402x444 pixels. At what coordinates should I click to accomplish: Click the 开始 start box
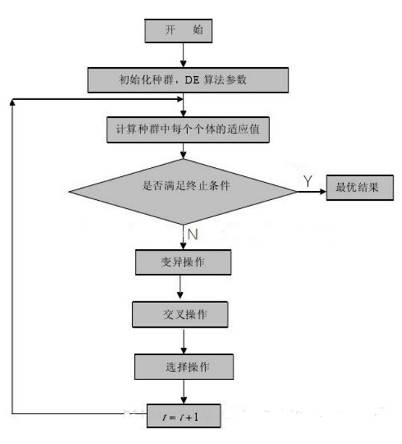[x=178, y=31]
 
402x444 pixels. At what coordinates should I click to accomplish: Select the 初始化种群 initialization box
[x=188, y=80]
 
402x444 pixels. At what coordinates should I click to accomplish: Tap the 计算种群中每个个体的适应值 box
[x=188, y=130]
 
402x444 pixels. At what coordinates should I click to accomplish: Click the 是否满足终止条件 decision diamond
[x=183, y=192]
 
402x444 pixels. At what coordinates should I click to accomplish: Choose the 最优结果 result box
[x=359, y=188]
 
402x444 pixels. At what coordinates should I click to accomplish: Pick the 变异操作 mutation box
[x=183, y=262]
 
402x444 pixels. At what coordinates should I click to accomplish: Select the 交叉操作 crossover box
[x=180, y=315]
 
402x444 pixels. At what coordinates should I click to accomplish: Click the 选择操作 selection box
[x=184, y=366]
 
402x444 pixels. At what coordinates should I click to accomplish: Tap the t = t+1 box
[x=183, y=416]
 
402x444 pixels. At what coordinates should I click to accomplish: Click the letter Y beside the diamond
[x=308, y=181]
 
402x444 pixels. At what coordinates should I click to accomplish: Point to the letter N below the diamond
[x=192, y=234]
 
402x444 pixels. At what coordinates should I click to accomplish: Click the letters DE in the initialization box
[x=192, y=80]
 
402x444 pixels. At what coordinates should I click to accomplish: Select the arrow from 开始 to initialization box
[x=183, y=55]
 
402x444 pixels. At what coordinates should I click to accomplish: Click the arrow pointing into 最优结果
[x=312, y=192]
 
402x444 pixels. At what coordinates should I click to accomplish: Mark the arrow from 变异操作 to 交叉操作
[x=180, y=287]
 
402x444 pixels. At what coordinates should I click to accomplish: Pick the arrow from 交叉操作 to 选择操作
[x=183, y=341]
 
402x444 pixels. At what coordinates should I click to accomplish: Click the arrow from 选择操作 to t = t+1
[x=183, y=392]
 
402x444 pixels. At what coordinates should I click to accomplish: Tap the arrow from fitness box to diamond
[x=183, y=151]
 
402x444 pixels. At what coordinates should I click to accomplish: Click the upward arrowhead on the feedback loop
[x=12, y=102]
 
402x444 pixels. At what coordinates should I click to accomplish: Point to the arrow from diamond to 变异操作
[x=183, y=237]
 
